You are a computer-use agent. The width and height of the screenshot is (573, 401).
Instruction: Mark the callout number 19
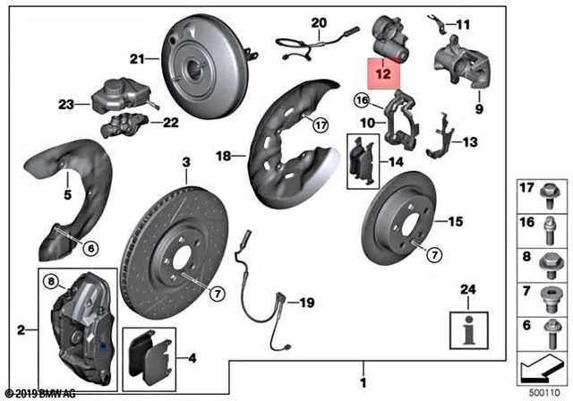pyautogui.click(x=306, y=303)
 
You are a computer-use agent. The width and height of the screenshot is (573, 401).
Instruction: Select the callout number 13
pyautogui.click(x=472, y=141)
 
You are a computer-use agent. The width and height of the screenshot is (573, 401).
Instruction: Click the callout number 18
pyautogui.click(x=224, y=155)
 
